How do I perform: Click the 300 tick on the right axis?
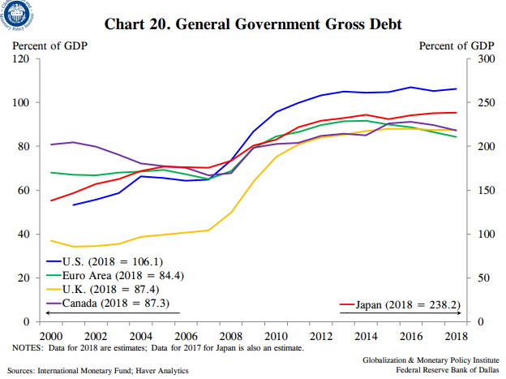[485, 59]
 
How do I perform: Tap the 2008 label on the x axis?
[231, 335]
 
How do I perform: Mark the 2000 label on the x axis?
[51, 335]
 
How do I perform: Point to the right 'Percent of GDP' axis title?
[457, 45]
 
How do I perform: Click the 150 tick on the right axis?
[485, 191]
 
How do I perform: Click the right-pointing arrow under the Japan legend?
[460, 314]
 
